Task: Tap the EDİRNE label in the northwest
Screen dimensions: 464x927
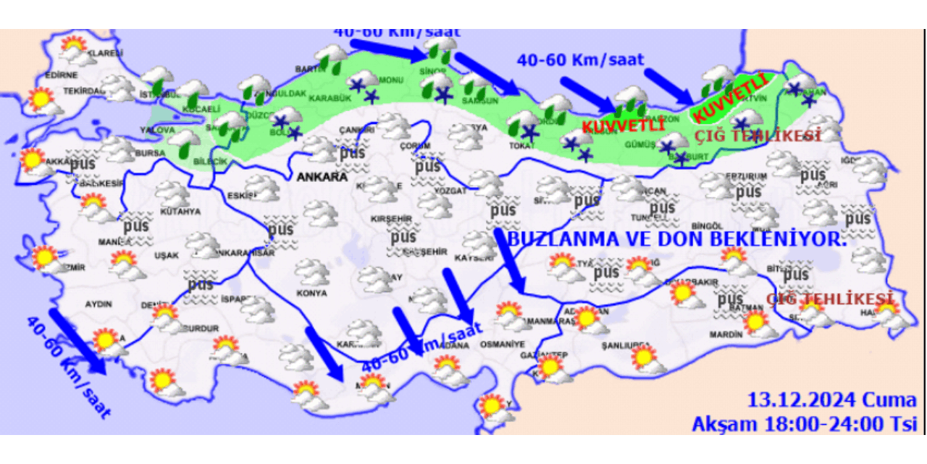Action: click(61, 75)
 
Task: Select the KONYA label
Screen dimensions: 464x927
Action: click(313, 294)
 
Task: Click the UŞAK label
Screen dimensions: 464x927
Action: click(166, 255)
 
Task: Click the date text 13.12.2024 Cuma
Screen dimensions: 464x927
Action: click(831, 399)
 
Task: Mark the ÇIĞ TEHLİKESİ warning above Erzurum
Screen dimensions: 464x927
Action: click(758, 136)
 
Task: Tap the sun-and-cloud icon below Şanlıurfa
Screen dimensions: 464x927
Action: click(644, 360)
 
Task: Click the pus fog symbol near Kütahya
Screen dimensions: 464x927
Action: click(135, 225)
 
